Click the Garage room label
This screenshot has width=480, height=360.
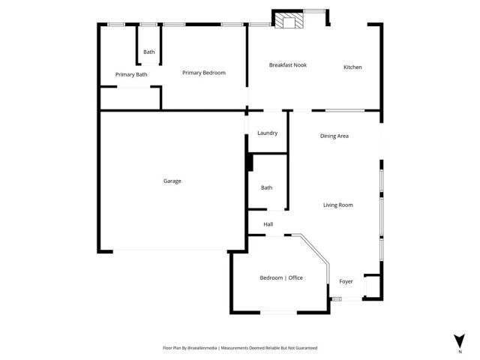(172, 181)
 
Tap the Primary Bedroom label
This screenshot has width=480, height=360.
(204, 73)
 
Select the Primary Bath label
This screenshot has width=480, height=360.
(131, 74)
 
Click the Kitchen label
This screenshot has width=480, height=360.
(352, 67)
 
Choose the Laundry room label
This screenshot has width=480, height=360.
(267, 133)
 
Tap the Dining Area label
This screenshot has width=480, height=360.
(334, 136)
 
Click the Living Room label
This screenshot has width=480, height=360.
(337, 205)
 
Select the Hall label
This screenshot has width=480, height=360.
(268, 224)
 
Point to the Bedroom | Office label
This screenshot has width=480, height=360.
(281, 278)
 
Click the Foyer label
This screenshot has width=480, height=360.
(346, 281)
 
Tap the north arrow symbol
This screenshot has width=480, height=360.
(459, 339)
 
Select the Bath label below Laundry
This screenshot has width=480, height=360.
(266, 187)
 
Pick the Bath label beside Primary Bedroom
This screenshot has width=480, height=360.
(149, 52)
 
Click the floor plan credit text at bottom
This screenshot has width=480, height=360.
(240, 348)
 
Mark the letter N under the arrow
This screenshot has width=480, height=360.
(459, 351)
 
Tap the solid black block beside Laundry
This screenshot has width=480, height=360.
(250, 163)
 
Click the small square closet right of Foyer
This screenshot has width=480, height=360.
(371, 286)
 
